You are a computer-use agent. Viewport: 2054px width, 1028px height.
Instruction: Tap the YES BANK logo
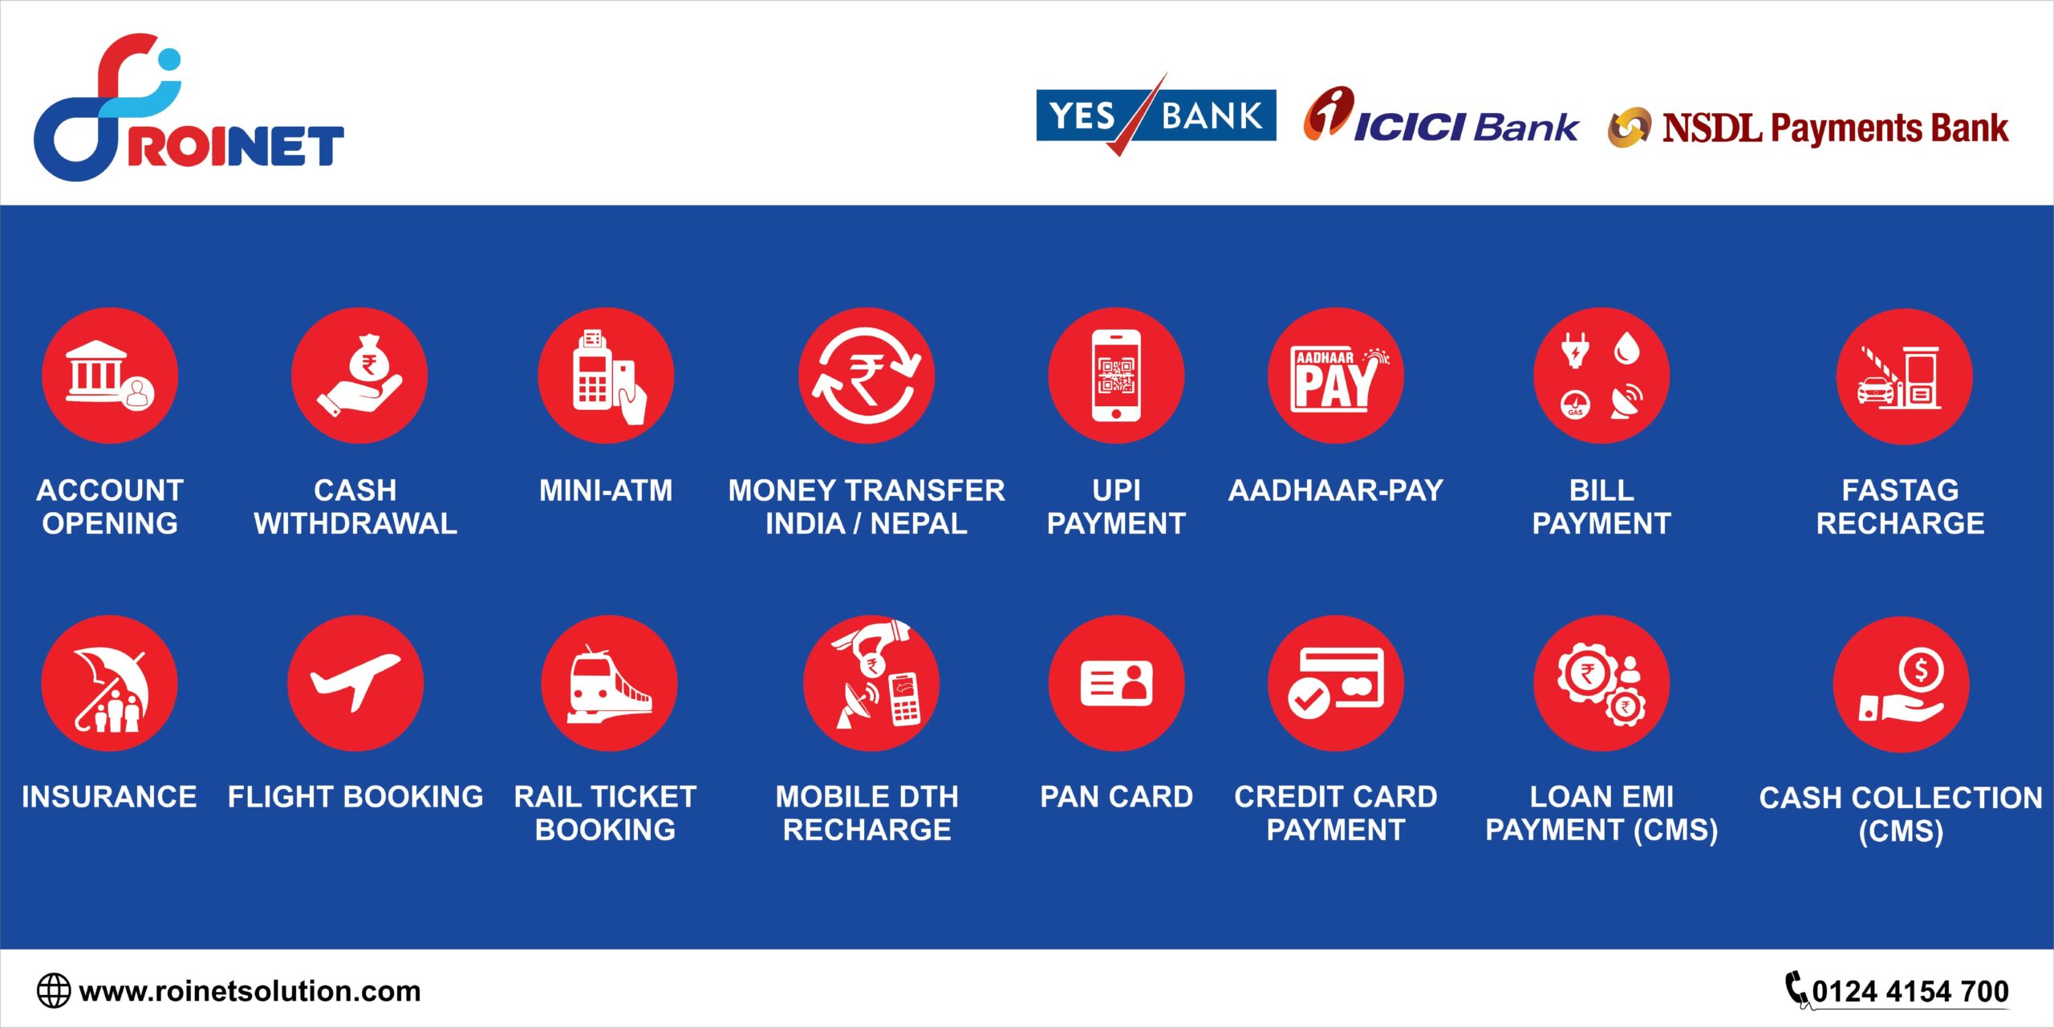click(x=1155, y=115)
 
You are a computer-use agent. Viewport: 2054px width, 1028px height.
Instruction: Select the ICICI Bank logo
click(x=1440, y=116)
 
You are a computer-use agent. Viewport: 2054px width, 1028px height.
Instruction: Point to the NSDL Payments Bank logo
click(x=1808, y=128)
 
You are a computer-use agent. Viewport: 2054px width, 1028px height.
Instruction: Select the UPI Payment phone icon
click(x=1116, y=375)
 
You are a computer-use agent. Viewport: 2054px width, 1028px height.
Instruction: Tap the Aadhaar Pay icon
click(x=1337, y=376)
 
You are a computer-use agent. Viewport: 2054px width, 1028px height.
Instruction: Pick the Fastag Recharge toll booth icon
click(x=1899, y=377)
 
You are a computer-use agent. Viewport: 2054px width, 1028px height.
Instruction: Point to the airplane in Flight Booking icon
click(x=355, y=681)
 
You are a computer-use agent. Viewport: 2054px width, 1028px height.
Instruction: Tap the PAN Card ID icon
click(x=1116, y=684)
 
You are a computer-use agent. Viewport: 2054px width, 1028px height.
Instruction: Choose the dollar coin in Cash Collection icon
click(x=1921, y=669)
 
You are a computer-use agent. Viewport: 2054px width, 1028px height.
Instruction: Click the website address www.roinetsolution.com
click(x=250, y=992)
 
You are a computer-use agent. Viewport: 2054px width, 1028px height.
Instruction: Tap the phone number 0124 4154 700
click(x=1910, y=992)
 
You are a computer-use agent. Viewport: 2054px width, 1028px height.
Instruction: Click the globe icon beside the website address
click(x=54, y=991)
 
